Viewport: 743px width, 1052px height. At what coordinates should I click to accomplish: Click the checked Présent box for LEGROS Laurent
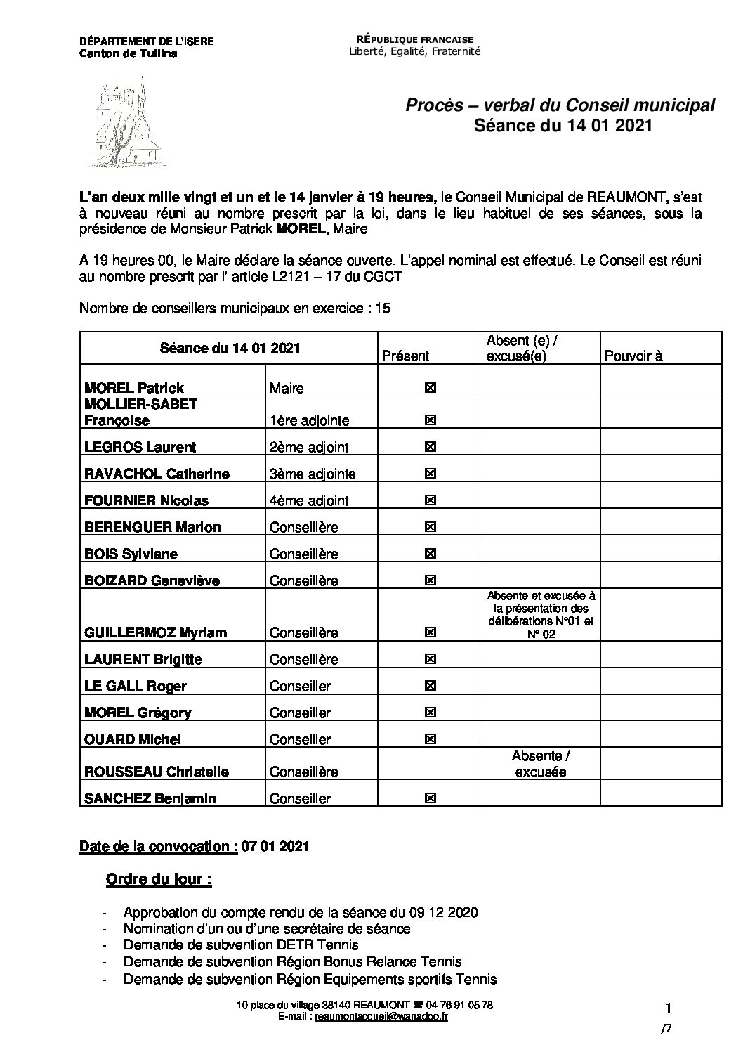430,447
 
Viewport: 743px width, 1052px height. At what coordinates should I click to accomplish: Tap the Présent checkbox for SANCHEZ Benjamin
430,798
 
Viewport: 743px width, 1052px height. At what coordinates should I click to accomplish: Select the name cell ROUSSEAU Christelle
157,772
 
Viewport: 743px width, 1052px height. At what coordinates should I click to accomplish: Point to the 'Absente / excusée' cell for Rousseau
541,764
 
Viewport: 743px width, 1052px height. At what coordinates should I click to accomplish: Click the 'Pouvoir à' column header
633,356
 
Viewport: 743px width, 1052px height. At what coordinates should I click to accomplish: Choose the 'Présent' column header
405,356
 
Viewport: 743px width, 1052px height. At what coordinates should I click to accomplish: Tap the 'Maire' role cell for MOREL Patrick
287,388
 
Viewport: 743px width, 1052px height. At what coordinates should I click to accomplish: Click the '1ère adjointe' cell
310,420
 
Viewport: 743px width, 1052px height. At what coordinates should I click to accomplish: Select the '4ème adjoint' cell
309,500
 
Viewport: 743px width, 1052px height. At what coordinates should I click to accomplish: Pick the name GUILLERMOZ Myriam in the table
155,632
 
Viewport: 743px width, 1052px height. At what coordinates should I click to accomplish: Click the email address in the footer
382,1016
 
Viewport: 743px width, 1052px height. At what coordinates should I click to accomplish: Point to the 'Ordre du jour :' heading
159,879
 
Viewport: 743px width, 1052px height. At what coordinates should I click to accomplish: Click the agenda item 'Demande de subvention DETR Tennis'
241,945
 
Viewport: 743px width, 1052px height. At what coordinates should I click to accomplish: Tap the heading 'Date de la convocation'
158,846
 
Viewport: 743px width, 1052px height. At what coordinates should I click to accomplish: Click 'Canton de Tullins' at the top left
129,53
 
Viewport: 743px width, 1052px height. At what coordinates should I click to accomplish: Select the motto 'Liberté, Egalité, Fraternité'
415,51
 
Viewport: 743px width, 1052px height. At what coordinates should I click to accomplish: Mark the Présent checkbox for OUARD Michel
430,739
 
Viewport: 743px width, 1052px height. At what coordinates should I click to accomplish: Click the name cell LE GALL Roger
136,686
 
